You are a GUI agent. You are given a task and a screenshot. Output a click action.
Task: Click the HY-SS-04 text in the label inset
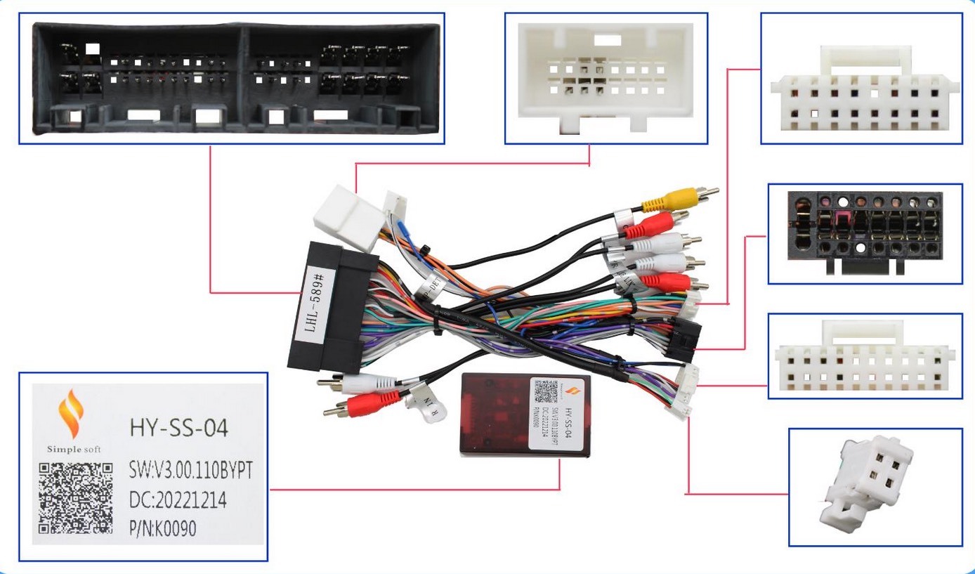[x=179, y=428]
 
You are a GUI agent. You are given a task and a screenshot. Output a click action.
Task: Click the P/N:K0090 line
[x=163, y=528]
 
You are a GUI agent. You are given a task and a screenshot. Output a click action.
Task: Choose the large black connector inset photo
[x=231, y=78]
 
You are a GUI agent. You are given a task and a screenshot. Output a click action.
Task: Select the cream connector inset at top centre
[x=606, y=77]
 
